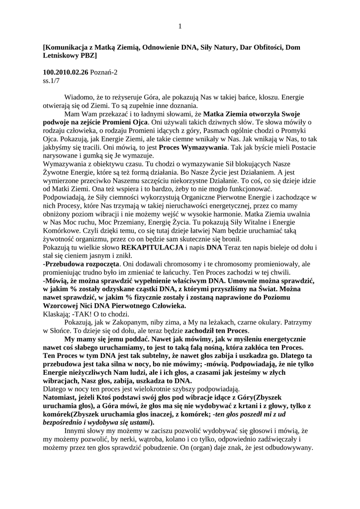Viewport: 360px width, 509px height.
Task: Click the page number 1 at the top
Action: pos(180,26)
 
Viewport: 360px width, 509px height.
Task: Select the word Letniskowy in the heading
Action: pos(61,56)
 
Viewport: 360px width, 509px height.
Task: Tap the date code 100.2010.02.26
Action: pos(66,72)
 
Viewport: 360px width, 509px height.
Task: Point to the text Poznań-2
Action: pos(104,72)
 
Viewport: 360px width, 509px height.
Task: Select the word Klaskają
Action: pos(59,314)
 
